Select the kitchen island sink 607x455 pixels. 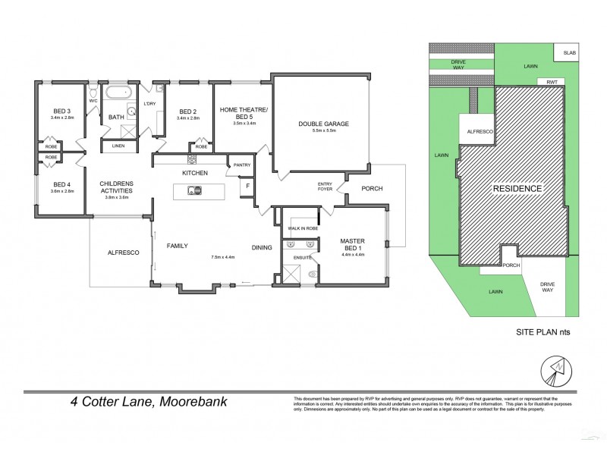[x=195, y=190]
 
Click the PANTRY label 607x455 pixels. [x=242, y=165]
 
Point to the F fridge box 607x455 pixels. [x=246, y=187]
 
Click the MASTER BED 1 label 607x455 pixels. [x=352, y=244]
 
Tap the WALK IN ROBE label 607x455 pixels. [x=301, y=228]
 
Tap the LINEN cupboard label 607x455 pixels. [x=118, y=146]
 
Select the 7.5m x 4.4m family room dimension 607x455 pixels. [x=223, y=258]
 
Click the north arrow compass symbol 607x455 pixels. [x=555, y=370]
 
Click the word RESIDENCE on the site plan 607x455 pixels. [x=518, y=188]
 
